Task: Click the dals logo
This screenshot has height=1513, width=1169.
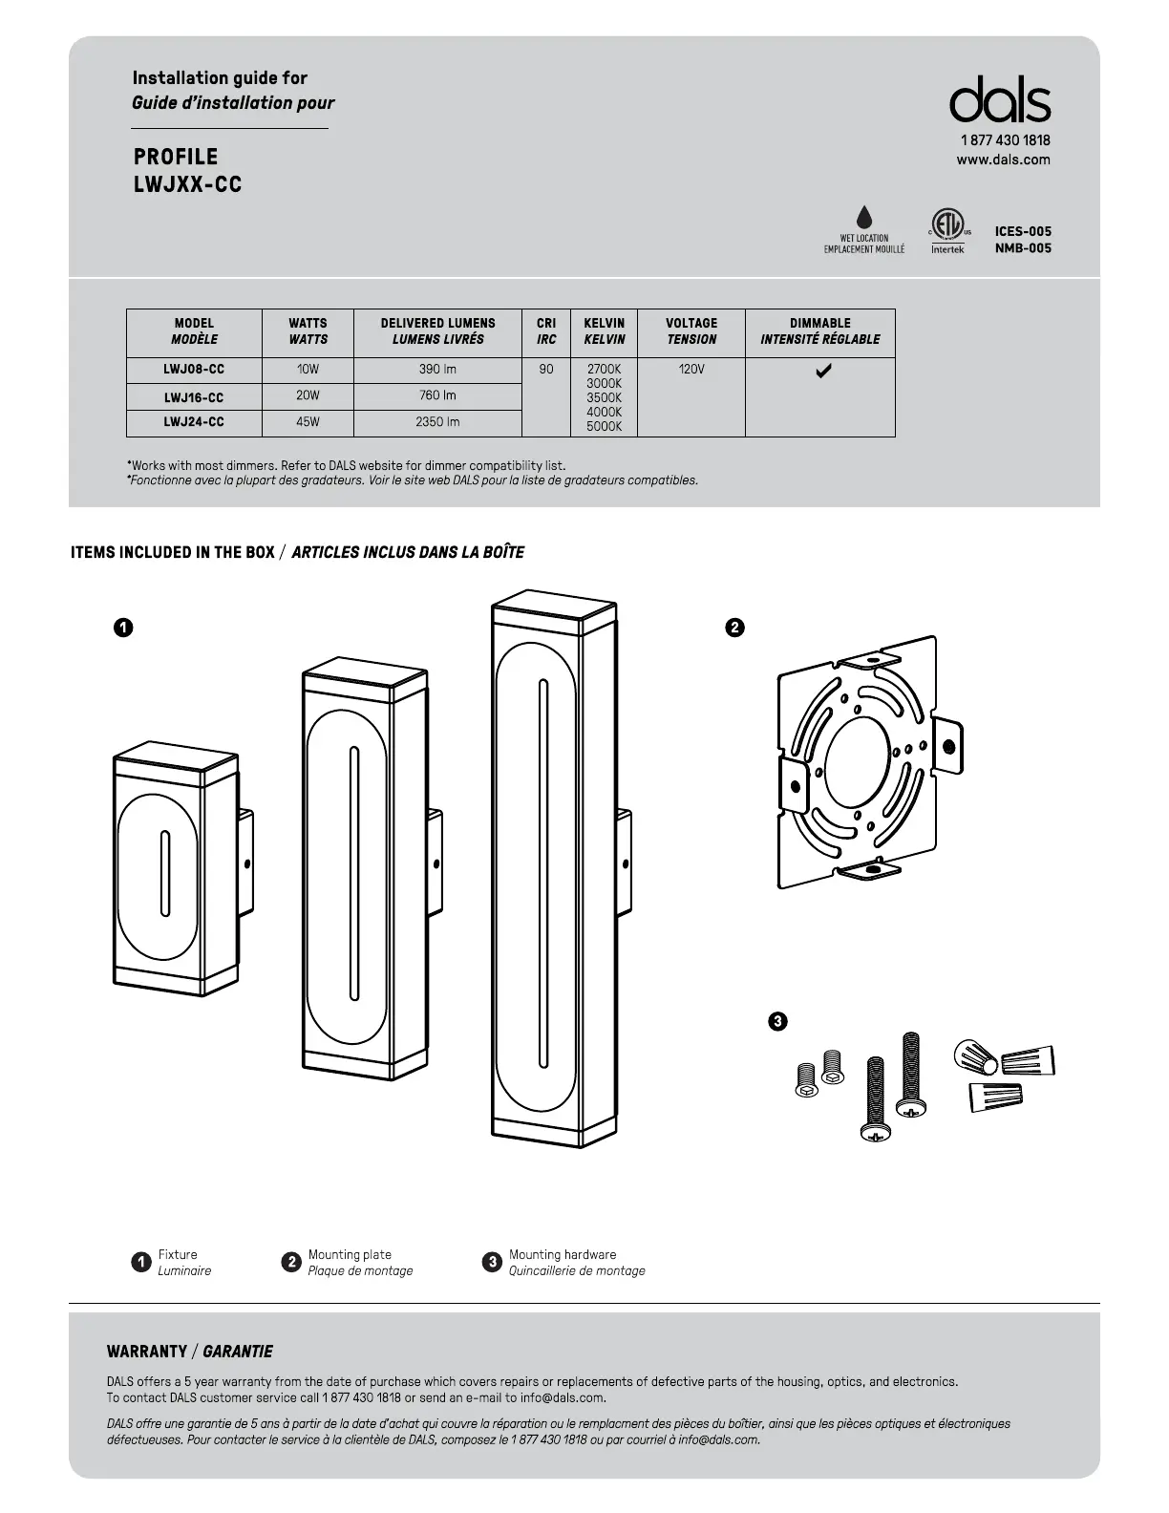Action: [x=999, y=100]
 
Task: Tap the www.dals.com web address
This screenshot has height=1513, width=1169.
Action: [x=1003, y=160]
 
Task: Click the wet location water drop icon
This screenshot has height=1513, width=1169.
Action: [x=864, y=217]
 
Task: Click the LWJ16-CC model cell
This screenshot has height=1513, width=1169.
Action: [x=194, y=397]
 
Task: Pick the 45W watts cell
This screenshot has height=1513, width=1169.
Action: [x=308, y=421]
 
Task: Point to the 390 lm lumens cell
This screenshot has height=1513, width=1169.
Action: [x=437, y=370]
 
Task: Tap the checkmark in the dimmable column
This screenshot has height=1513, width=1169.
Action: [x=822, y=371]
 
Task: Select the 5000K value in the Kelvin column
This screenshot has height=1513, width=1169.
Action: [x=604, y=427]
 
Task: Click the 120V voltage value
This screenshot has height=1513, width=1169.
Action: [x=691, y=370]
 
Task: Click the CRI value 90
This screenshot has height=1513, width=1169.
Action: [x=546, y=370]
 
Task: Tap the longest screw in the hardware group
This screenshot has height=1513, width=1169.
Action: [x=910, y=1074]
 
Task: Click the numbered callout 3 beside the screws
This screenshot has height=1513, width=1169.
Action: [x=777, y=1021]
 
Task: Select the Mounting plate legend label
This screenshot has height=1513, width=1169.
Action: [x=350, y=1255]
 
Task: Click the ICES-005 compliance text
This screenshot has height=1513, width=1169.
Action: [x=1023, y=231]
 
